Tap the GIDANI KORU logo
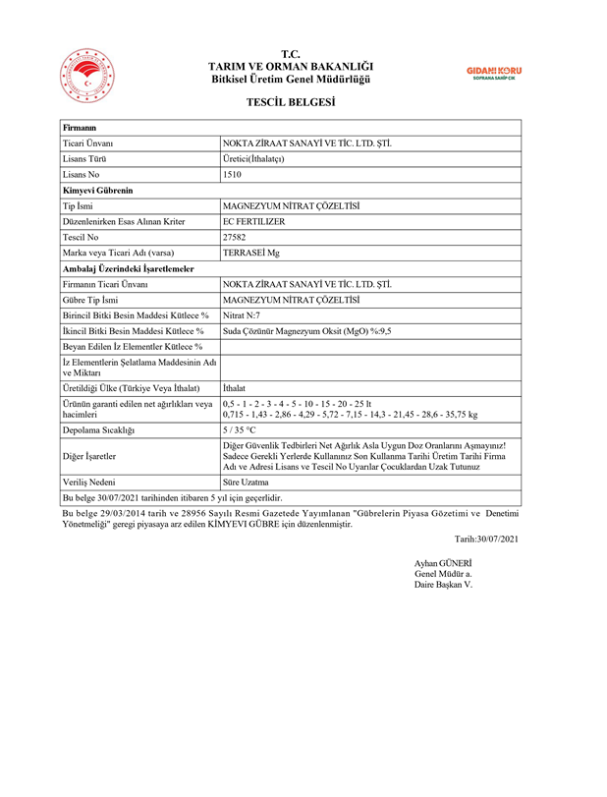click(493, 73)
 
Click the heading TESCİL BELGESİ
click(291, 102)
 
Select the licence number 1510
click(233, 174)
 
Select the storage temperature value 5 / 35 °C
click(240, 430)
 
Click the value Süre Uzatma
click(246, 483)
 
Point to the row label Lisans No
click(83, 174)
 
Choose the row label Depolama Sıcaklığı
click(98, 430)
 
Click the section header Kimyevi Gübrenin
click(97, 190)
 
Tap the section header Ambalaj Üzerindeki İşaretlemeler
click(128, 268)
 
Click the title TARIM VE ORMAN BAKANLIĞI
click(291, 65)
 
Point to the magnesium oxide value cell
click(307, 331)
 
